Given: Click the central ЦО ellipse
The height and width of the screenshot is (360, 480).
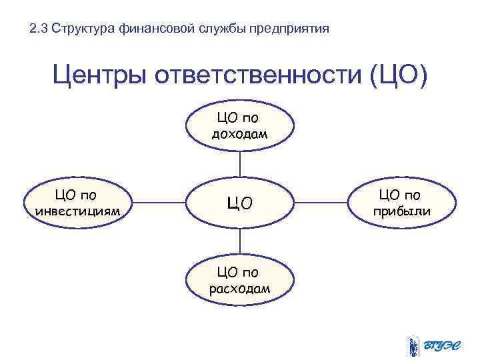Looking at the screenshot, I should (x=240, y=203).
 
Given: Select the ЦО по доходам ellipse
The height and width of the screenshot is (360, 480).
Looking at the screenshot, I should (x=240, y=126).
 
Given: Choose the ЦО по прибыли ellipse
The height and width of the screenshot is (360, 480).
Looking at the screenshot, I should (x=403, y=203).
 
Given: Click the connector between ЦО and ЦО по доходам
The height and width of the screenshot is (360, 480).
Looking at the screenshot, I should (x=240, y=163).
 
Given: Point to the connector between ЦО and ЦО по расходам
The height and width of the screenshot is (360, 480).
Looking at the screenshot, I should (x=240, y=241).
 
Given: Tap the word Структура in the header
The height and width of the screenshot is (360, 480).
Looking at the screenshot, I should (x=83, y=29).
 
